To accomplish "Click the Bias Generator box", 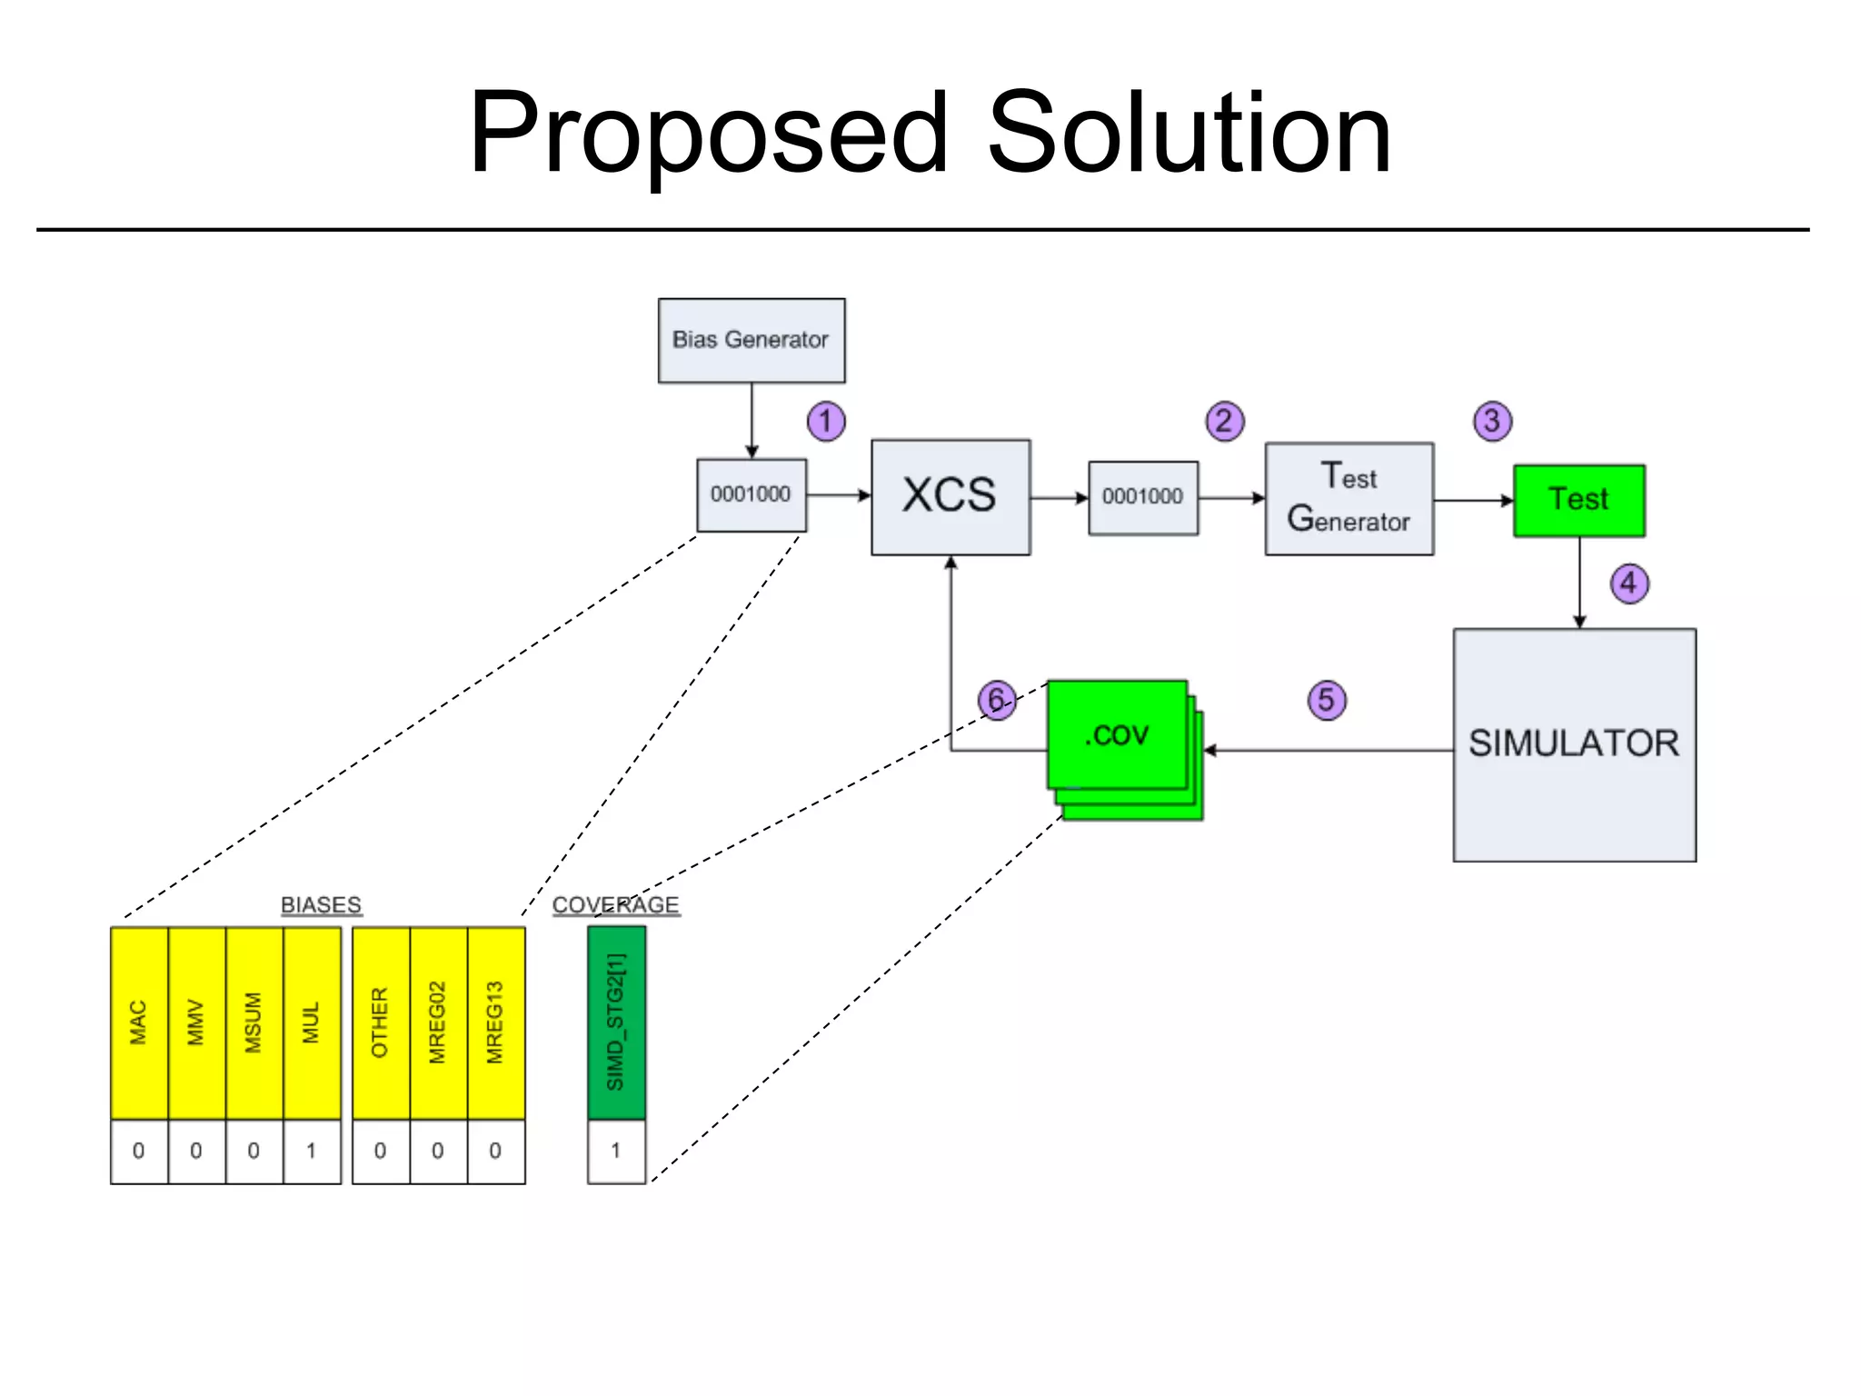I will (x=751, y=340).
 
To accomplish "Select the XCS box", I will (x=950, y=496).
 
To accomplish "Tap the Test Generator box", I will (x=1348, y=498).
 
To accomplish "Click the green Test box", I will (x=1578, y=500).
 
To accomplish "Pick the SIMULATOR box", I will (x=1574, y=743).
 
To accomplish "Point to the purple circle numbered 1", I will (x=825, y=421).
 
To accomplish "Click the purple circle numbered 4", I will (x=1628, y=583).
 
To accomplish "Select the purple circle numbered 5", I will (x=1326, y=700).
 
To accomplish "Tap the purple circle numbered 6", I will (x=996, y=700).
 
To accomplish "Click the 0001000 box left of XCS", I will (x=751, y=494).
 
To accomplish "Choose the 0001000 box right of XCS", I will (x=1142, y=497).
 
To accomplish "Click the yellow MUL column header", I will (x=312, y=1022).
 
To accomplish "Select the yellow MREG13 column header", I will (x=495, y=1022).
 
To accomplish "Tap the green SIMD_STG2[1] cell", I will (x=616, y=1022).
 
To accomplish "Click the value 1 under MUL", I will (x=312, y=1151).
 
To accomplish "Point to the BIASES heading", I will (x=321, y=905).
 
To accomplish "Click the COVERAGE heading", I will (x=615, y=905).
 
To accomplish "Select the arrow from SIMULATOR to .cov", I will (x=1327, y=751).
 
